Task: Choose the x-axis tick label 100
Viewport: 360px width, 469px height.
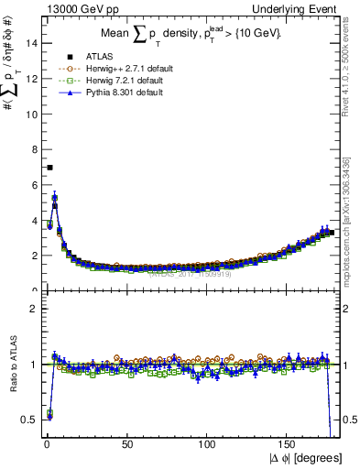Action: pyautogui.click(x=208, y=444)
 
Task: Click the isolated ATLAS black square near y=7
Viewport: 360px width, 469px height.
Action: pyautogui.click(x=49, y=167)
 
